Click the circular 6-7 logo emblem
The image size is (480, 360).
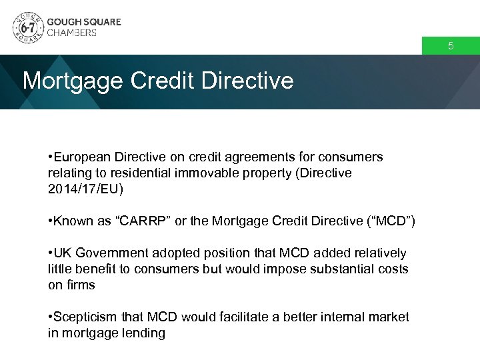(27, 27)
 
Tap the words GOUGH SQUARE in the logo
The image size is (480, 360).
(84, 21)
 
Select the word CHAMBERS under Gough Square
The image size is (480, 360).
(72, 33)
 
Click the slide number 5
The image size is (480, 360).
(451, 47)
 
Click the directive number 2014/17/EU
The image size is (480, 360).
(86, 189)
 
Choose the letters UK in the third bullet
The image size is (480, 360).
(62, 253)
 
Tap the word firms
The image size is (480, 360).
(80, 285)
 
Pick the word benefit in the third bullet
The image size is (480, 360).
(96, 269)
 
